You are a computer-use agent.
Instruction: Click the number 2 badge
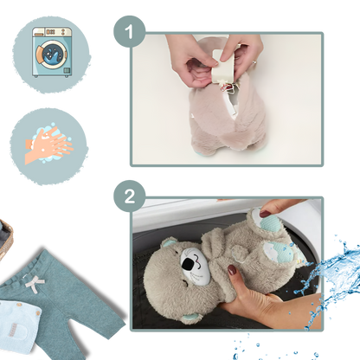tap(129, 196)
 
